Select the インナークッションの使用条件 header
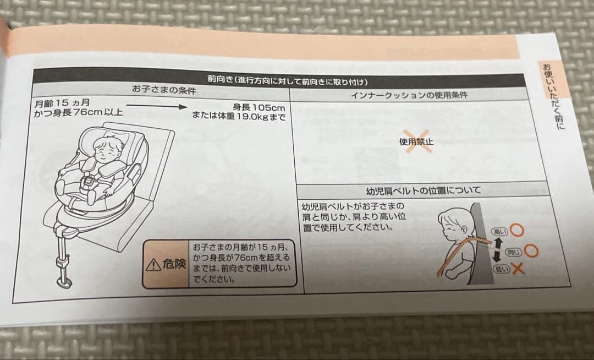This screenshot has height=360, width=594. [x=409, y=95]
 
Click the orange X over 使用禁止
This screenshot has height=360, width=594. [x=416, y=141]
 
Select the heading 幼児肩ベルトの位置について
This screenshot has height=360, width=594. [x=424, y=190]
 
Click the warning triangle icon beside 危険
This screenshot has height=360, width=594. [x=153, y=265]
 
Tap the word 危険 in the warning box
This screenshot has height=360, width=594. [x=174, y=265]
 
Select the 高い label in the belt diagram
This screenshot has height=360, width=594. [x=500, y=232]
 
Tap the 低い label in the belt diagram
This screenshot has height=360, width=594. [x=501, y=269]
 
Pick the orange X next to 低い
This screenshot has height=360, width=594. [x=517, y=269]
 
